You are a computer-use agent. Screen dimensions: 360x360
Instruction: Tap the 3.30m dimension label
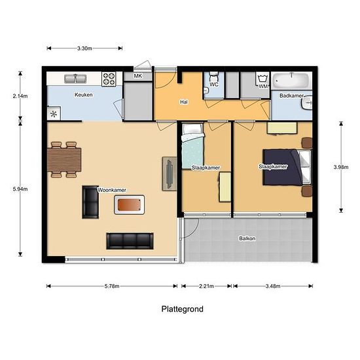click(x=84, y=48)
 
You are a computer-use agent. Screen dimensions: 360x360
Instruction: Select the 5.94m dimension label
click(x=20, y=189)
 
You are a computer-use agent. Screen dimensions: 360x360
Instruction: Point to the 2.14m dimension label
click(x=20, y=96)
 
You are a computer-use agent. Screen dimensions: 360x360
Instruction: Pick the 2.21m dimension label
click(x=205, y=285)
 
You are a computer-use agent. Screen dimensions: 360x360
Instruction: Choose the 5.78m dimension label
click(x=111, y=285)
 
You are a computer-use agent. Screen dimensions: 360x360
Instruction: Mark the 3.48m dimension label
click(x=273, y=285)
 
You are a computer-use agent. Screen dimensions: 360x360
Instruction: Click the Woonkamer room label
click(x=112, y=190)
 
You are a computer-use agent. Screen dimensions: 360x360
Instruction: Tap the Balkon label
click(x=247, y=238)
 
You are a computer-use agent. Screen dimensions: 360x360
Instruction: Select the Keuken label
click(x=83, y=95)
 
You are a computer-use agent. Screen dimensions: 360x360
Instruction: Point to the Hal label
click(x=185, y=102)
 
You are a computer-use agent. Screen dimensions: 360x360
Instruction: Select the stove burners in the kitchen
click(x=109, y=79)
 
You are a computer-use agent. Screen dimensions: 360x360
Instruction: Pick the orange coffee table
click(x=128, y=206)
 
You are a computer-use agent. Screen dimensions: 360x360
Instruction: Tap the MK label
click(x=137, y=77)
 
